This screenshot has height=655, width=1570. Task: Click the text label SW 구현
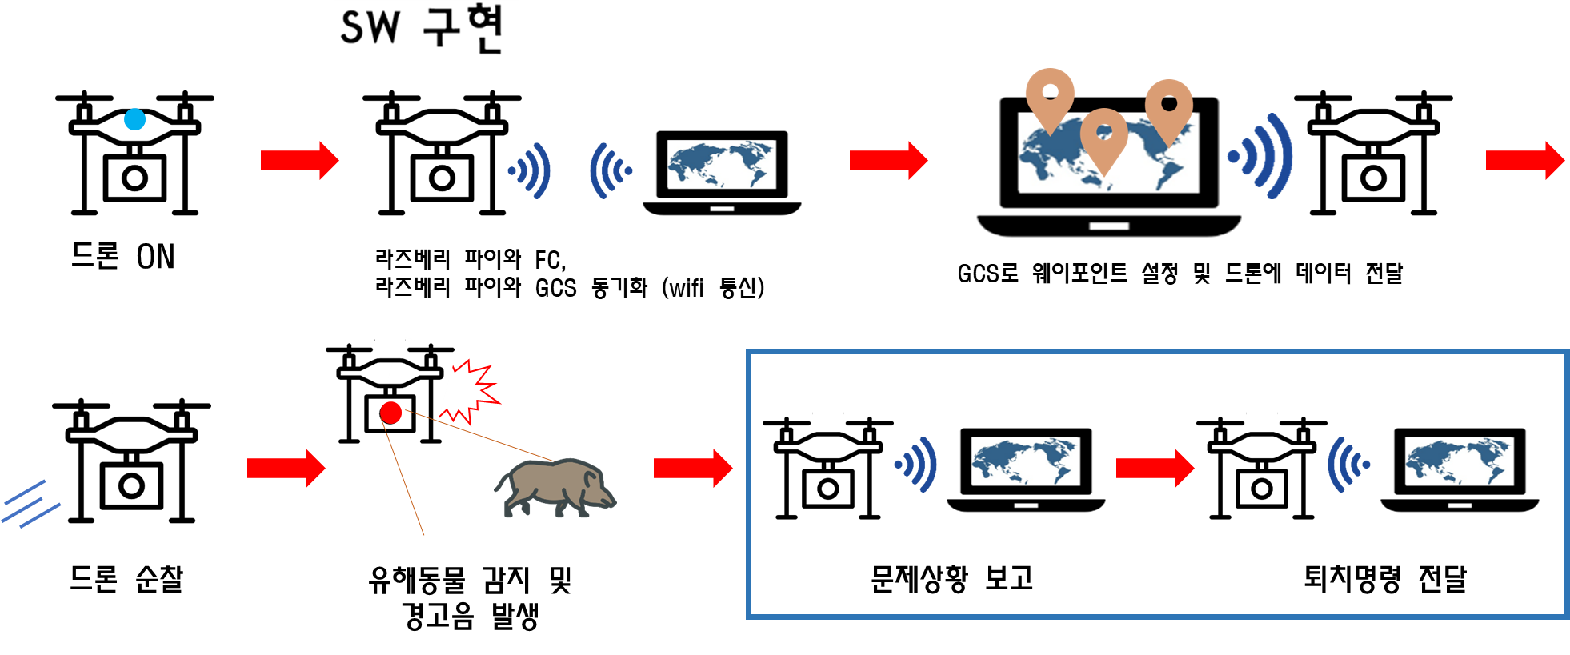pyautogui.click(x=421, y=29)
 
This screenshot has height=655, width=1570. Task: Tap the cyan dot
pyautogui.click(x=134, y=120)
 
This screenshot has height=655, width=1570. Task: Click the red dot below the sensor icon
pyautogui.click(x=390, y=413)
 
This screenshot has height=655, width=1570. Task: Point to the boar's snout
pyautogui.click(x=611, y=501)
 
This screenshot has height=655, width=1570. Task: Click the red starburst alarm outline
pyautogui.click(x=472, y=392)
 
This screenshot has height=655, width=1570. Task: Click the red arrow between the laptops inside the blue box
pyautogui.click(x=1155, y=468)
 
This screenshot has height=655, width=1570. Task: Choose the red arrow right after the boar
pyautogui.click(x=692, y=468)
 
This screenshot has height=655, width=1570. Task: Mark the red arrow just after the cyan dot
pyautogui.click(x=299, y=160)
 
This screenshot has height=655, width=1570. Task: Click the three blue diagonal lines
pyautogui.click(x=30, y=504)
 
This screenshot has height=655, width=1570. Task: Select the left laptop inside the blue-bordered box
pyautogui.click(x=1027, y=468)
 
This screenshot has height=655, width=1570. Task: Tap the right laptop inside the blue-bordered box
pyautogui.click(x=1460, y=468)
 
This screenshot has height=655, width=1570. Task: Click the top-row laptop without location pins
pyautogui.click(x=723, y=170)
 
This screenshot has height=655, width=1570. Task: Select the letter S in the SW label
pyautogui.click(x=354, y=29)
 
